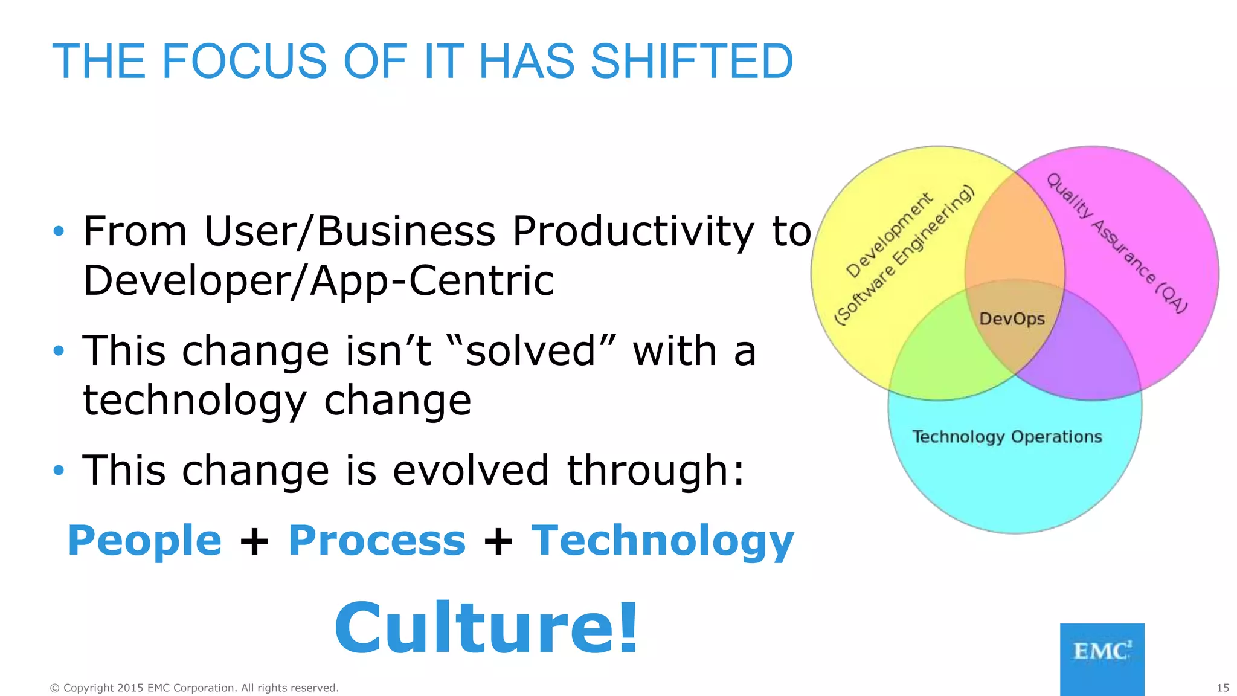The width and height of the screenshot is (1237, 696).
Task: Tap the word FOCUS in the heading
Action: pos(244,62)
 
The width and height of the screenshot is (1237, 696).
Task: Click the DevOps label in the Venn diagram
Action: pos(1012,319)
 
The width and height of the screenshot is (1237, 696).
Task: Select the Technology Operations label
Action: pos(1007,437)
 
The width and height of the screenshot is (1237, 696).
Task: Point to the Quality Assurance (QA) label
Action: pos(1117,242)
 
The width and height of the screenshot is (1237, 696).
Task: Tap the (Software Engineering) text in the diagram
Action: pos(904,255)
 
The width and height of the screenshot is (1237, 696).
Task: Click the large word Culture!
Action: pos(486,628)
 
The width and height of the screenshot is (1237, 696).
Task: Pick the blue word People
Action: pos(145,540)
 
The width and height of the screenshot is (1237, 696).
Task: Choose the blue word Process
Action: pos(377,540)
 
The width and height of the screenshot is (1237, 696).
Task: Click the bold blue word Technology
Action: pos(663,540)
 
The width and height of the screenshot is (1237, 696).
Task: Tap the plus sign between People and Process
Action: pos(254,541)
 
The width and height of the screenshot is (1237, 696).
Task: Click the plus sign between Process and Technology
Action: pos(498,541)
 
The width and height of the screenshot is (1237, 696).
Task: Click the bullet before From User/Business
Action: pos(59,231)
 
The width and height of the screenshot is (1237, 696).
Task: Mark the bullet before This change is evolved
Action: pos(59,470)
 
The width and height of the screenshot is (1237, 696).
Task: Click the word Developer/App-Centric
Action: pos(318,281)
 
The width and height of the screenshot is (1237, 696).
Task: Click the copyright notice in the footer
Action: pos(194,688)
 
